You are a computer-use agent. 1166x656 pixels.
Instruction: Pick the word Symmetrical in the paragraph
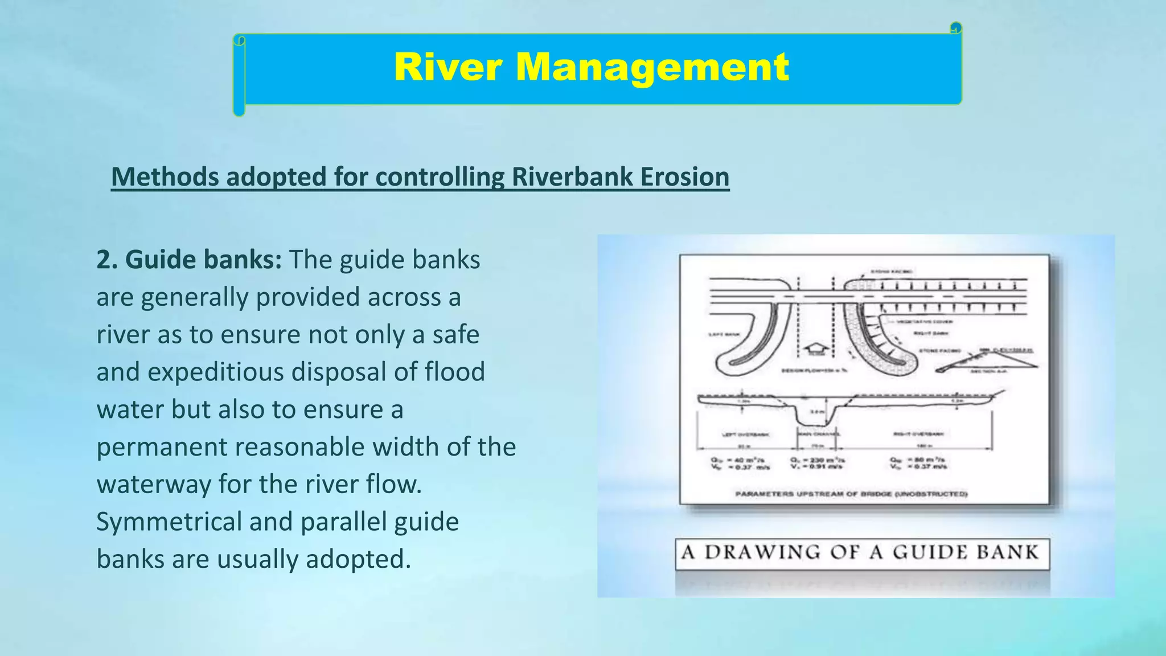(x=169, y=522)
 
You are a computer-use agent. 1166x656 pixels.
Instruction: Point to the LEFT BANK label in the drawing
(x=724, y=334)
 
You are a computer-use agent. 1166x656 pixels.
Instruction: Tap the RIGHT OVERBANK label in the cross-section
(x=918, y=434)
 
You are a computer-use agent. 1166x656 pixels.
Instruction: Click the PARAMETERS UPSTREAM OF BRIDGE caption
(x=851, y=494)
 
